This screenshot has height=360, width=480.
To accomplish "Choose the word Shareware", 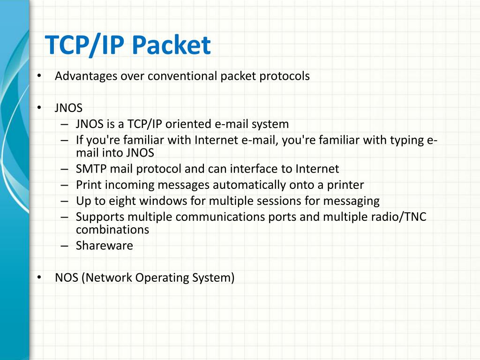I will [105, 246].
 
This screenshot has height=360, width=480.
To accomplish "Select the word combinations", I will [112, 230].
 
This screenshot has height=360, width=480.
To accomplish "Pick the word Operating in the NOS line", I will [163, 277].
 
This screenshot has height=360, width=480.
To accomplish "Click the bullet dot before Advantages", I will [40, 76].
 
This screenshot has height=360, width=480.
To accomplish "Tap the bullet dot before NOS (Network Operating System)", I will [40, 278].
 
